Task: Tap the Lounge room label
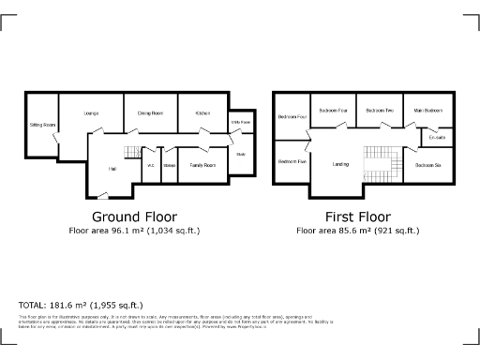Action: [x=91, y=113]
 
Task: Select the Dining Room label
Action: [x=151, y=113]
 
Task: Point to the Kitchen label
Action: [x=202, y=113]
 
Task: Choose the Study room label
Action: [x=240, y=155]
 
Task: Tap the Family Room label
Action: [x=202, y=165]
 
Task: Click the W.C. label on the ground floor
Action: [x=150, y=166]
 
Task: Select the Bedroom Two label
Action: [x=380, y=111]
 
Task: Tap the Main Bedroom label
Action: [x=427, y=111]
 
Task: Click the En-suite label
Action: [x=437, y=139]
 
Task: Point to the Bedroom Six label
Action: [x=427, y=165]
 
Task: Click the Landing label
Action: [x=340, y=165]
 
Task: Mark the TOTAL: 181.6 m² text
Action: [x=81, y=305]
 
